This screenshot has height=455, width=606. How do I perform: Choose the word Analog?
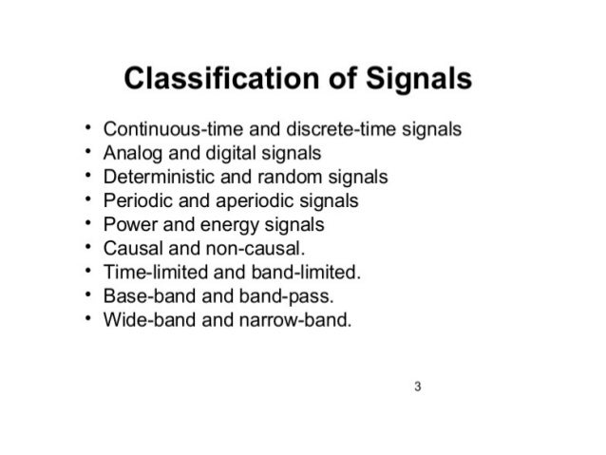[131, 152]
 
